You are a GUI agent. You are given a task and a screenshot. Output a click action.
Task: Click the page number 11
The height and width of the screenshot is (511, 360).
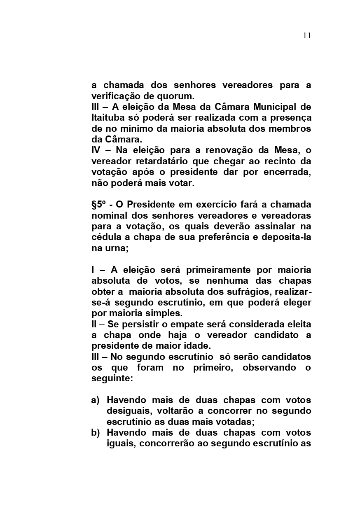click(307, 35)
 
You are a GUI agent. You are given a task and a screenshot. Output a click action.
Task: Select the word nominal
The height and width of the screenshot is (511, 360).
click(109, 215)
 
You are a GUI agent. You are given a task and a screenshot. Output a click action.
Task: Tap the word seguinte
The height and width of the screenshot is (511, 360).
click(112, 378)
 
